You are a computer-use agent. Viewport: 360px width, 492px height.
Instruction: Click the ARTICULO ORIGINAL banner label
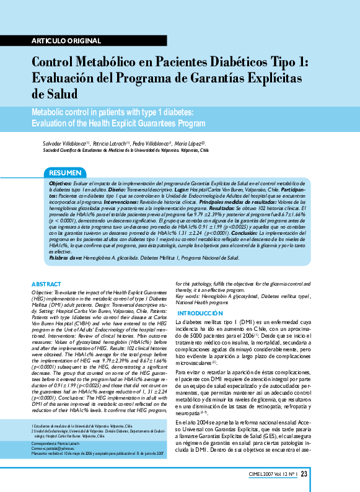(61, 41)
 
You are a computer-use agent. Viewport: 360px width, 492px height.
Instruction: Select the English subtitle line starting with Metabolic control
(113, 112)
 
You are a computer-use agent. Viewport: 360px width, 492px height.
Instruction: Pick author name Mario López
(189, 143)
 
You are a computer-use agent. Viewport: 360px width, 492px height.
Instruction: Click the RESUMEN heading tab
(65, 172)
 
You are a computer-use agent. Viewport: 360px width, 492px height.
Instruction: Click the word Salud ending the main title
(55, 95)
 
